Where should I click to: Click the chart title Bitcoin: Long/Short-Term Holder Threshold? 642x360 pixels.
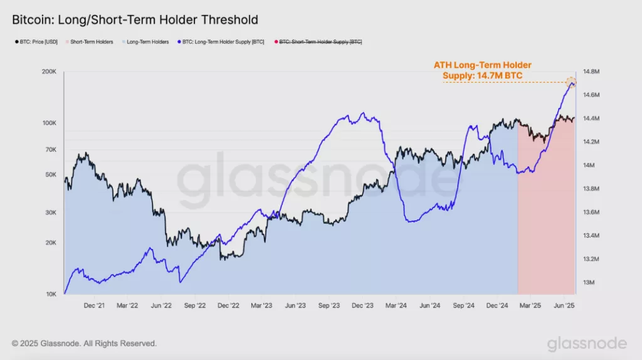click(x=135, y=20)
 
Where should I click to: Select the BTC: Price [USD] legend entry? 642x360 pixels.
click(x=36, y=41)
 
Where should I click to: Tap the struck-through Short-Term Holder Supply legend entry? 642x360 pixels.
click(x=319, y=41)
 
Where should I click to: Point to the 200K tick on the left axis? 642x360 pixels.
click(x=48, y=72)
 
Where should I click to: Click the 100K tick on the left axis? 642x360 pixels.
click(x=48, y=123)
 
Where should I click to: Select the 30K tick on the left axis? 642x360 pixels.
click(x=50, y=213)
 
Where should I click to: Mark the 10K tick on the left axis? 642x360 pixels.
click(x=50, y=294)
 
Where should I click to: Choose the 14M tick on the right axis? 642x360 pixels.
click(x=589, y=166)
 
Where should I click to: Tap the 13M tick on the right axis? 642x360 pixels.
click(x=589, y=283)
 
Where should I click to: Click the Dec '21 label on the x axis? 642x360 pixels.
click(x=94, y=305)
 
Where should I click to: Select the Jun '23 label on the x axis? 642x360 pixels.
click(x=295, y=305)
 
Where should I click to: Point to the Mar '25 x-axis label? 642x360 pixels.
click(x=531, y=305)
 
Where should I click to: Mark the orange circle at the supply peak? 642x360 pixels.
click(x=571, y=82)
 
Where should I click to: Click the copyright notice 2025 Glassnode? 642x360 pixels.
click(x=84, y=344)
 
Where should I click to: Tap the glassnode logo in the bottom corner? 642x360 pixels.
click(x=586, y=344)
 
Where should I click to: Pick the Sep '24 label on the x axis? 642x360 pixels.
click(x=463, y=305)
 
